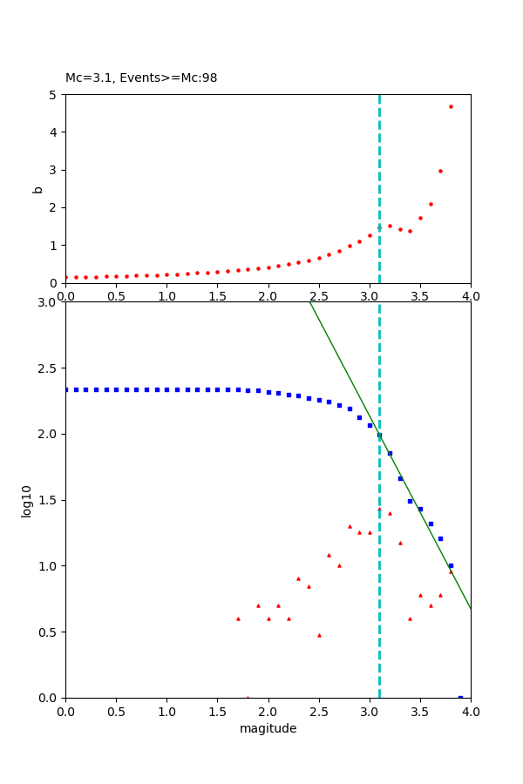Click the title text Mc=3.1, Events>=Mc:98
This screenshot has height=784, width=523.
click(x=141, y=78)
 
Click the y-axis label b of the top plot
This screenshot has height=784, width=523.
click(x=37, y=189)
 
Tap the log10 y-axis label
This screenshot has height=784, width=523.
click(x=27, y=501)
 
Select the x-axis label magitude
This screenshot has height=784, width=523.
click(x=268, y=728)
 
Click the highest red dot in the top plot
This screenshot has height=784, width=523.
click(x=451, y=106)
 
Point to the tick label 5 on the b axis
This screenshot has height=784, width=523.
click(x=52, y=95)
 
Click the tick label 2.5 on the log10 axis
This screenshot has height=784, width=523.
click(x=46, y=368)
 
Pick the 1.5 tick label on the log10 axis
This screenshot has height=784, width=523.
click(x=46, y=500)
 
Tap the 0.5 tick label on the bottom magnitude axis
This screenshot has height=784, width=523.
click(x=116, y=711)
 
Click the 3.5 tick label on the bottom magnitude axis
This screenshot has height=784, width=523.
click(x=420, y=711)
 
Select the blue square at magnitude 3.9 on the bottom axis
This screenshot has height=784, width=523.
click(x=460, y=697)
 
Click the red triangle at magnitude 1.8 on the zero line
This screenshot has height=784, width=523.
click(x=248, y=697)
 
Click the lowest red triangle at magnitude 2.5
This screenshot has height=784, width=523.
click(x=319, y=635)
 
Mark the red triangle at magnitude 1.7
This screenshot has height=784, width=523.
click(x=238, y=618)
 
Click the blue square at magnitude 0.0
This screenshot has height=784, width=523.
click(x=66, y=389)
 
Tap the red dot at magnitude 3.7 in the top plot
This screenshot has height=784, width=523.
click(x=440, y=171)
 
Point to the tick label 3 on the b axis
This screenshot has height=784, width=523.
click(x=52, y=170)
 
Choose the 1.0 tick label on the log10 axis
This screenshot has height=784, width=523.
click(x=46, y=566)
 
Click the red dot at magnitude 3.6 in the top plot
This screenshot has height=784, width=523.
click(x=431, y=204)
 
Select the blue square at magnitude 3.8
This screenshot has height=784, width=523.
click(x=451, y=565)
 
